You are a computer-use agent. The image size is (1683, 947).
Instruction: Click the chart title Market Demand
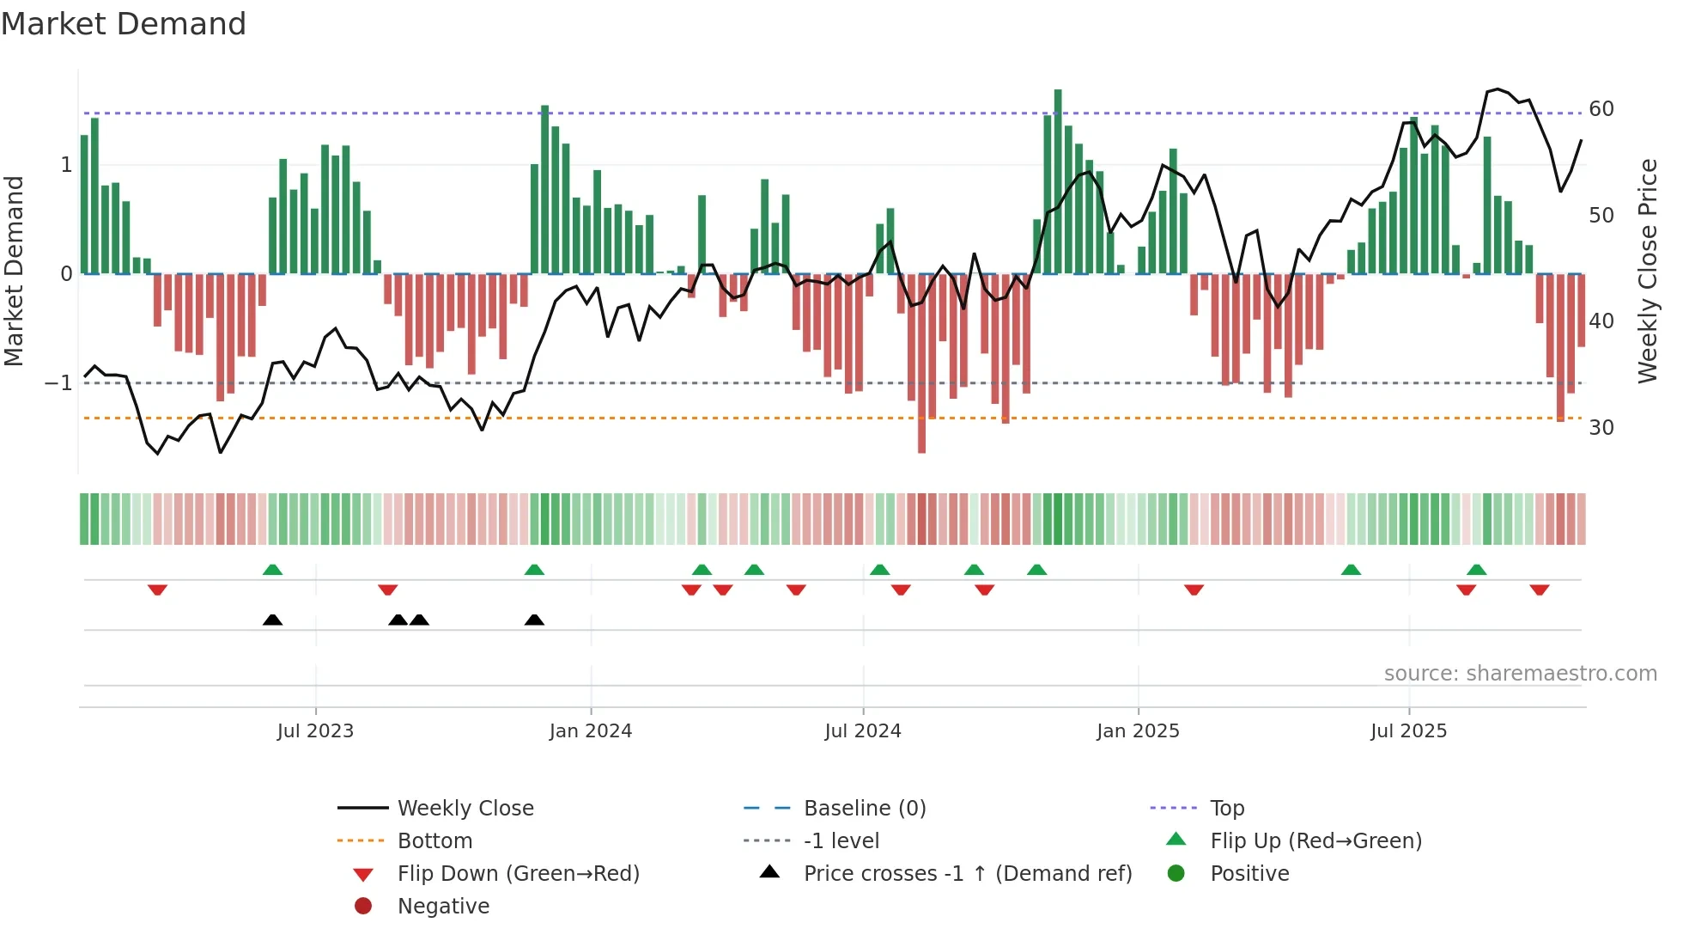coord(124,24)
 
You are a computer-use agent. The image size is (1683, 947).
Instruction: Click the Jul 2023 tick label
coord(315,731)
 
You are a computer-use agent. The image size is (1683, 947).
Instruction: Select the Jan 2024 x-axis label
coord(591,731)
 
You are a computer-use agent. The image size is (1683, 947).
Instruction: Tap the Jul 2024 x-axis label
coord(863,731)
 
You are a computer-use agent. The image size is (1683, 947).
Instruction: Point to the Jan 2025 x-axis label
coord(1138,731)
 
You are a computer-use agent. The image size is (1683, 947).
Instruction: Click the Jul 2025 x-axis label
coord(1409,731)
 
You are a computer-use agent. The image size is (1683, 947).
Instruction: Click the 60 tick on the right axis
coord(1601,109)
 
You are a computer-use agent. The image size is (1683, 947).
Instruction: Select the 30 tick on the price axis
coord(1601,428)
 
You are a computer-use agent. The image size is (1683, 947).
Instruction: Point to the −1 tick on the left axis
coord(59,382)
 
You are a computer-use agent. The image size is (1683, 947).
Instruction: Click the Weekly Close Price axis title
coord(1648,272)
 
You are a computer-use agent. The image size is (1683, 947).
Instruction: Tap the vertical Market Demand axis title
coord(15,272)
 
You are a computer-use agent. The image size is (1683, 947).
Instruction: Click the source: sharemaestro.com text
coord(1520,674)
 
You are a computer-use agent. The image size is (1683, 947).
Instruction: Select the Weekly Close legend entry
coord(465,809)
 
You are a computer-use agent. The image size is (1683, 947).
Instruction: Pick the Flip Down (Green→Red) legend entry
coord(518,874)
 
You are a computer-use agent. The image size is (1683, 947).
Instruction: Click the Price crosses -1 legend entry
coord(968,874)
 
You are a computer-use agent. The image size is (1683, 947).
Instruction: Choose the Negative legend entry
coord(443,907)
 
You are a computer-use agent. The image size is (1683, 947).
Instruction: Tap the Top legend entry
coord(1227,809)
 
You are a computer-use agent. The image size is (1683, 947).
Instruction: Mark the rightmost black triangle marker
coord(534,620)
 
